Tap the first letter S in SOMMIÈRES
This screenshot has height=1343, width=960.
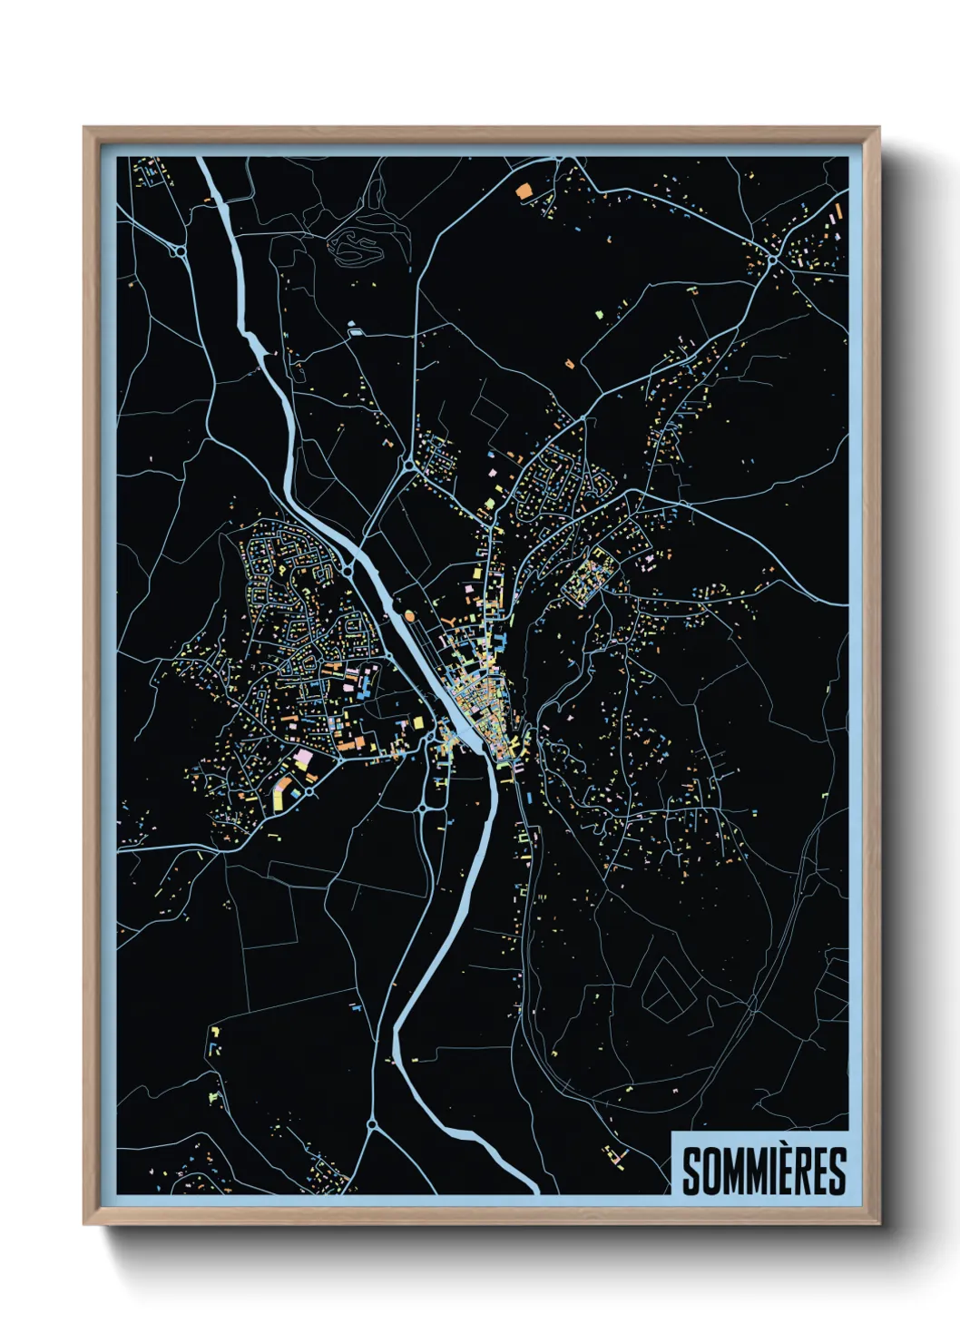coord(691,1171)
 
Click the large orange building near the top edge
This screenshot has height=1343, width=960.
coord(522,191)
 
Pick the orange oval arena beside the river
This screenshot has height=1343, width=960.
coord(408,616)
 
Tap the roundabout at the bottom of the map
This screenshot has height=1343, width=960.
coord(371,1125)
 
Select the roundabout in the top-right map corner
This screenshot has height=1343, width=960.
coord(771,260)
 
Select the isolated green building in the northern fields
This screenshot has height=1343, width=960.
coord(599,314)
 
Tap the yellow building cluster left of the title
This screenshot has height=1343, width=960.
coord(616,1155)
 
